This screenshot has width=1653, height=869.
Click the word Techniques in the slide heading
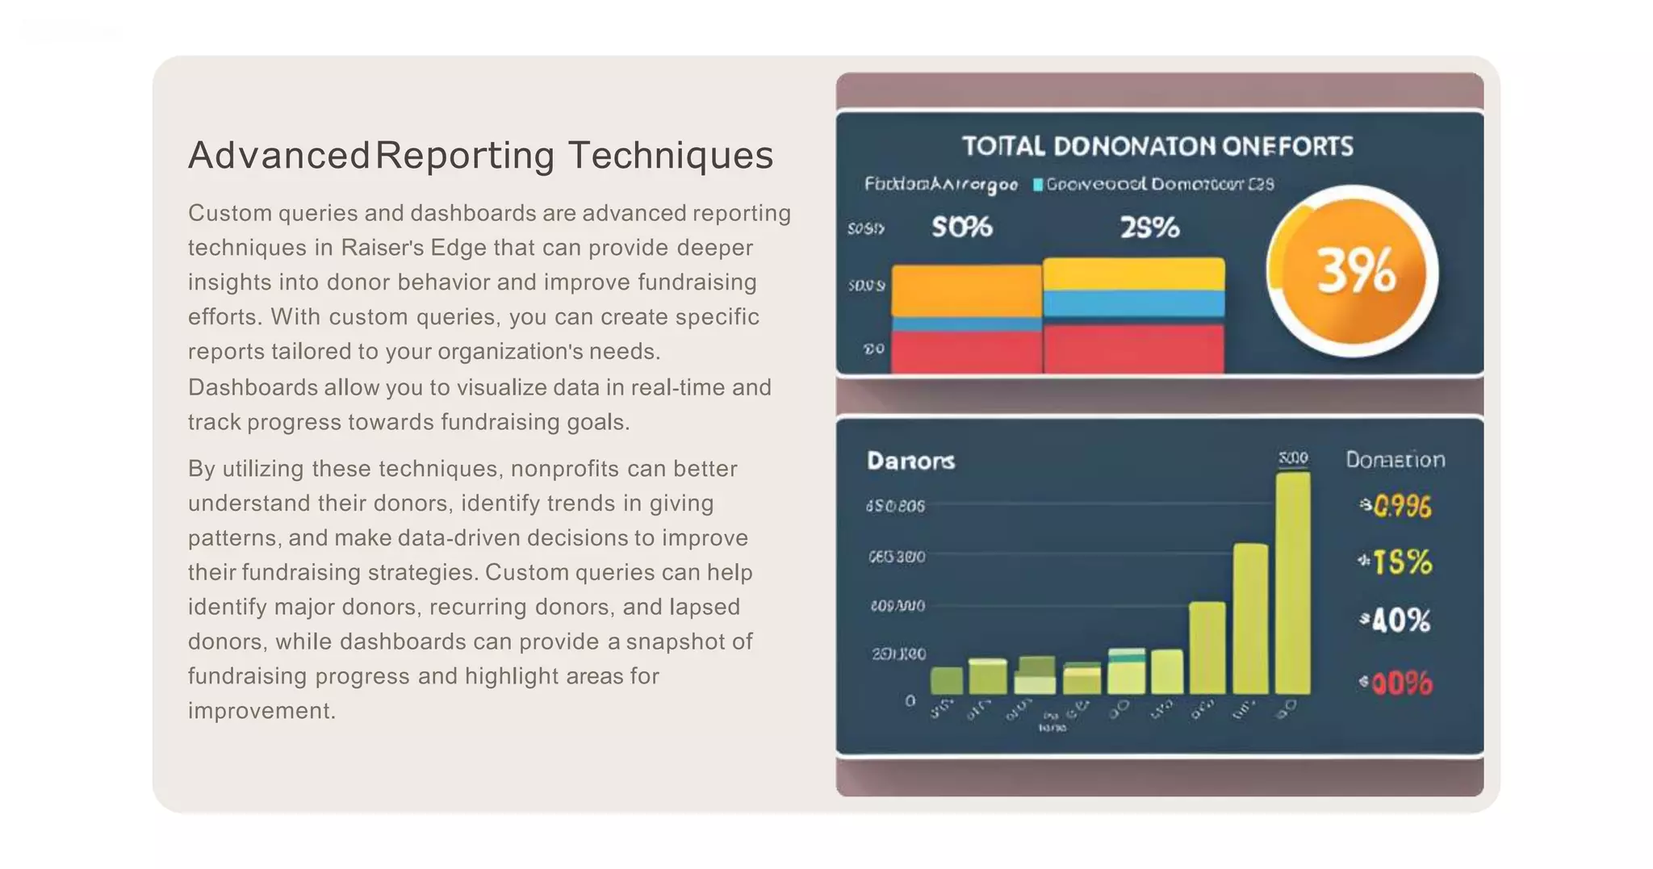tap(671, 155)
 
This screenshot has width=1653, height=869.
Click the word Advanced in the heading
tap(279, 155)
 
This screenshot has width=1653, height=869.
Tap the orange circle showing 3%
tap(1354, 272)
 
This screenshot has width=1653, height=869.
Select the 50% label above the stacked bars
tap(961, 228)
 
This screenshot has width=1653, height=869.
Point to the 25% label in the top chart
tap(1149, 228)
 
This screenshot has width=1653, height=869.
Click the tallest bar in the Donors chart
tap(1292, 583)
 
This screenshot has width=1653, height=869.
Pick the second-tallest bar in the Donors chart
tap(1250, 618)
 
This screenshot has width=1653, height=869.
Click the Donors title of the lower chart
tap(910, 461)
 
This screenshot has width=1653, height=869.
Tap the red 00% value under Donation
tap(1400, 684)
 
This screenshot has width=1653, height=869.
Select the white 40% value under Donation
tap(1400, 620)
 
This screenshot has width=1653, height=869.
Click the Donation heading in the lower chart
tap(1395, 460)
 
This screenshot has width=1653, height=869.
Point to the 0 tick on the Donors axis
tap(910, 700)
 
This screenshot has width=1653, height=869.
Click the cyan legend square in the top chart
tap(1038, 185)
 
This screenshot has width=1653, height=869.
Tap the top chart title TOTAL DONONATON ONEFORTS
tap(1157, 146)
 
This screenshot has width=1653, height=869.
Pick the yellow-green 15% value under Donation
tap(1401, 562)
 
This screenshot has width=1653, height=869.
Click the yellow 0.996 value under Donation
tap(1401, 507)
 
